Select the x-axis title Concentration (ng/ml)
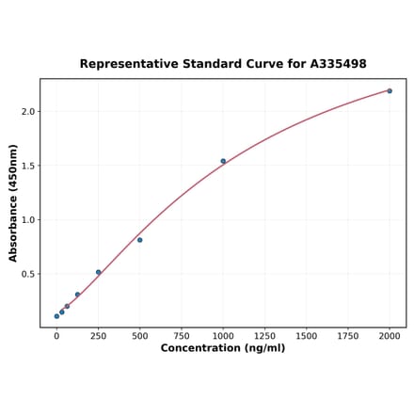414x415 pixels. click(x=223, y=348)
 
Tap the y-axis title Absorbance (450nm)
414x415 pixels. click(x=13, y=203)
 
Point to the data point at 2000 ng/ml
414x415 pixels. click(x=390, y=91)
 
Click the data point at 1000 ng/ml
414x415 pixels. click(x=223, y=161)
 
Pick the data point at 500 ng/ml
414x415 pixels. click(x=140, y=240)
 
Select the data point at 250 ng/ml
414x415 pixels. click(x=98, y=272)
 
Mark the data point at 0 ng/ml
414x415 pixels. click(x=56, y=316)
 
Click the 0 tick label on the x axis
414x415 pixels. click(x=56, y=334)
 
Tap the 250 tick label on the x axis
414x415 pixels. click(x=98, y=334)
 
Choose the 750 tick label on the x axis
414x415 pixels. click(x=182, y=334)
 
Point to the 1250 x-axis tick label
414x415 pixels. click(x=264, y=334)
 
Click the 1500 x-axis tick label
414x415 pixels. click(x=306, y=334)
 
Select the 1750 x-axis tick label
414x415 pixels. click(x=348, y=334)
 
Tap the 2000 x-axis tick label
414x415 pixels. click(x=390, y=334)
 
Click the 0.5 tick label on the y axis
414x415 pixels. click(x=27, y=275)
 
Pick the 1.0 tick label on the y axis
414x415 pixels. click(x=27, y=220)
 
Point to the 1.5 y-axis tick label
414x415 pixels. click(x=27, y=166)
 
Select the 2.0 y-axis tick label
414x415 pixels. click(x=27, y=112)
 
